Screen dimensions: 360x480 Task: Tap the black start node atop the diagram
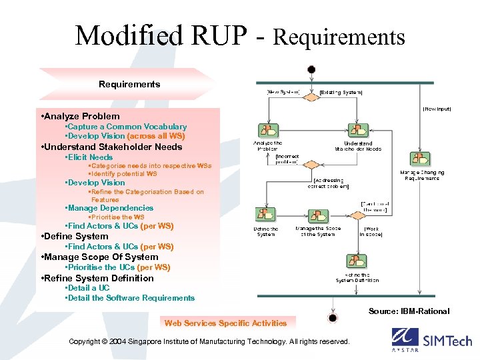pos(311,69)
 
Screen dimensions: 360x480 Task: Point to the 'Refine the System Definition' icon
pos(353,262)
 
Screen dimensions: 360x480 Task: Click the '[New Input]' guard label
pos(437,109)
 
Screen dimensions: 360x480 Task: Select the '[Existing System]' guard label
pos(341,91)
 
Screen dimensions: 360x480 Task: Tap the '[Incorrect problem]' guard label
pos(287,159)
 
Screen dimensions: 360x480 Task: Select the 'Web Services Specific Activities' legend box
pos(226,323)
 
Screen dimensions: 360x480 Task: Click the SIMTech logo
pos(431,340)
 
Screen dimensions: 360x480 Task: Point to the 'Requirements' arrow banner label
pos(129,84)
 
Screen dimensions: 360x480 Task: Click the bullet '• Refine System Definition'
pos(97,278)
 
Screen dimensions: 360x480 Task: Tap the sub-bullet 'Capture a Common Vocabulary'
pos(126,126)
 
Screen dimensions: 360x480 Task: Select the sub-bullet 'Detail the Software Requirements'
pos(130,298)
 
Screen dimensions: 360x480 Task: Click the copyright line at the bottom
pos(209,341)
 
